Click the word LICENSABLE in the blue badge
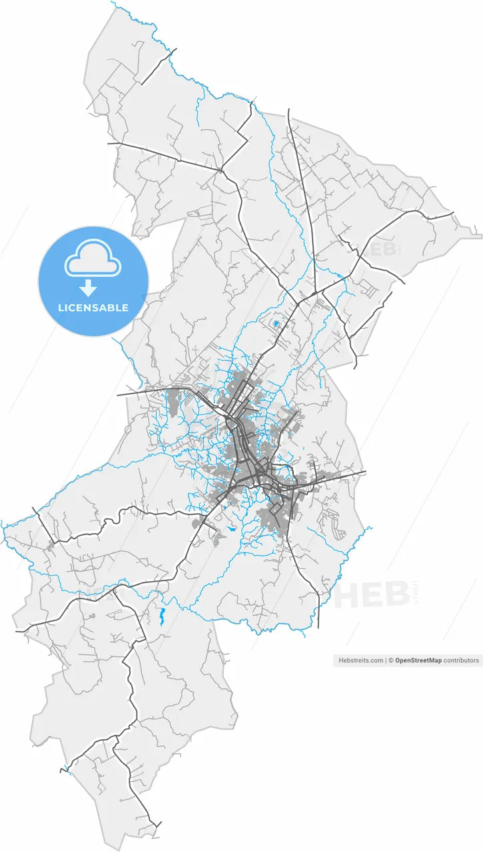(x=93, y=308)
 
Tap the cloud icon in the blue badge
(x=93, y=260)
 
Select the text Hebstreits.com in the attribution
(x=361, y=660)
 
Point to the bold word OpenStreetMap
(x=418, y=660)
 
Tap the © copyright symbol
(x=392, y=660)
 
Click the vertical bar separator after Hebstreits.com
(x=386, y=660)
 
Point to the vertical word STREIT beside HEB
(x=416, y=592)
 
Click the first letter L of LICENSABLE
(x=61, y=308)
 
